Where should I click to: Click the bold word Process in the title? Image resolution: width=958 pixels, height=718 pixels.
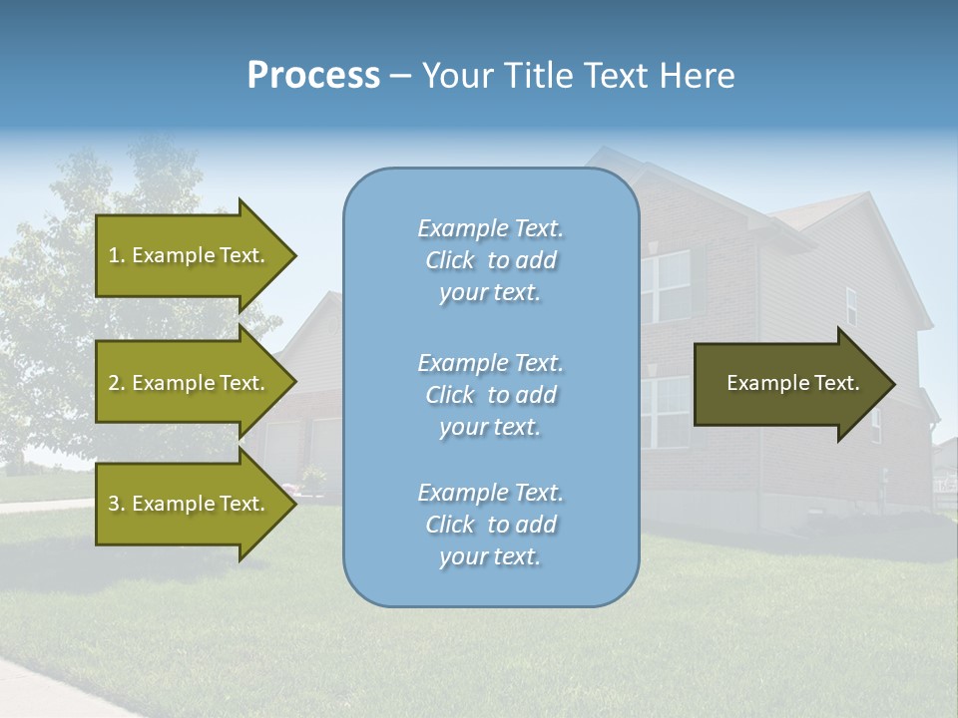click(x=313, y=76)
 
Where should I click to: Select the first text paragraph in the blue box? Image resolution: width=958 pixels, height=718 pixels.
click(x=490, y=260)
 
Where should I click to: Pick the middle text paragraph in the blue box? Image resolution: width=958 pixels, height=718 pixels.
click(x=490, y=395)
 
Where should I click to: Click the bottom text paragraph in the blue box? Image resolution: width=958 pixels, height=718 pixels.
click(x=490, y=525)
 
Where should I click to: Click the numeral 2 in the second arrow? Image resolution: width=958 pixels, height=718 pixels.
click(x=114, y=383)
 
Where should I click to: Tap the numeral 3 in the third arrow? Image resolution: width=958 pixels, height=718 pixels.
click(x=114, y=504)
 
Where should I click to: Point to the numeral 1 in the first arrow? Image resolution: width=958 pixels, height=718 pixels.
click(x=113, y=255)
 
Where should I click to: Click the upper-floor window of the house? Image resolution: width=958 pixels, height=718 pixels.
click(x=666, y=286)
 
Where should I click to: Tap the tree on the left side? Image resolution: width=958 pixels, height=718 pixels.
click(x=60, y=299)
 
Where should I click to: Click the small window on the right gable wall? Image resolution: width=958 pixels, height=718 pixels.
click(x=851, y=306)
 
